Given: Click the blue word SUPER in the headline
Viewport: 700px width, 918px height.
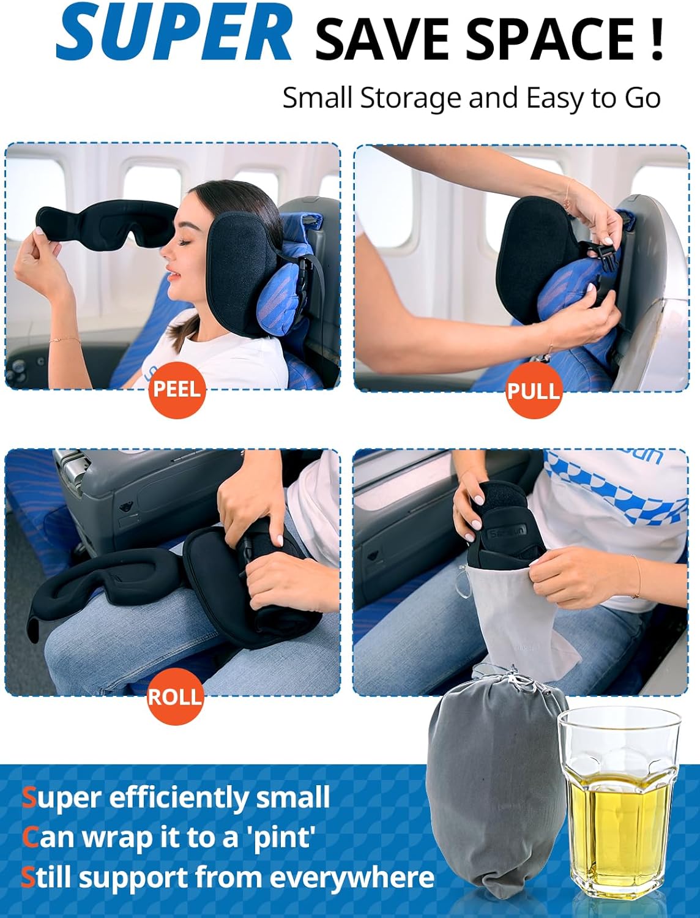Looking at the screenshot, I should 174,34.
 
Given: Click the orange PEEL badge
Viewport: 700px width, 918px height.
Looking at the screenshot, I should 177,389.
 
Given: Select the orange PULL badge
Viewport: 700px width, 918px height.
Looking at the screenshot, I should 534,390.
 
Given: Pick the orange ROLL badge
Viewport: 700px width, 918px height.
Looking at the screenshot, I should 175,696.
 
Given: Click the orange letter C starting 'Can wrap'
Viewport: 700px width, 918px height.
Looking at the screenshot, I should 30,837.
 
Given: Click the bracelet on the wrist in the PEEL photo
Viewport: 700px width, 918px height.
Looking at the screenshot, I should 65,339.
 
